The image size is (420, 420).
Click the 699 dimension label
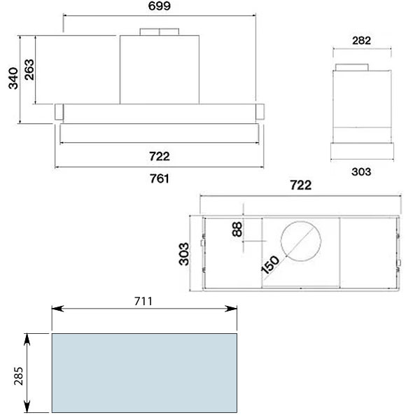coord(160,6)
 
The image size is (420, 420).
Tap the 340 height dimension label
coord(13,78)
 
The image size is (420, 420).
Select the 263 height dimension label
coord(29,69)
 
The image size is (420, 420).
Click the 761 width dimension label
coord(160,178)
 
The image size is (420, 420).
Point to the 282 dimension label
coord(362,41)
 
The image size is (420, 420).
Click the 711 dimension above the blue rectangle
coord(143,301)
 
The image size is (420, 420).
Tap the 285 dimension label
coord(18,376)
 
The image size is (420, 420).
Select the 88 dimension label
coord(237,230)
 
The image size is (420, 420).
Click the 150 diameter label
coord(270,265)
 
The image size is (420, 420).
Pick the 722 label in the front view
coord(160,156)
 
